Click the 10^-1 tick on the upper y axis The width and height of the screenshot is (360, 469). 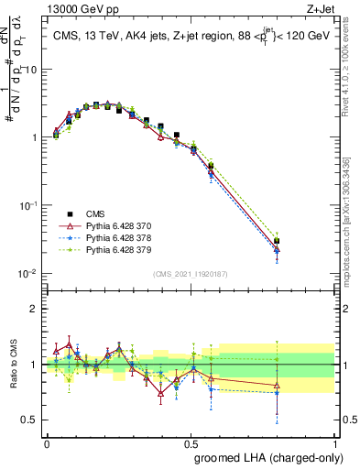pos(29,206)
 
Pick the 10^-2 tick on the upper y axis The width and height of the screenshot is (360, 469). pos(29,274)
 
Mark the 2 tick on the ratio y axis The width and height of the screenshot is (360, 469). pos(35,309)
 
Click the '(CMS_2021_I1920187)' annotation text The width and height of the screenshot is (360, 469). pos(190,274)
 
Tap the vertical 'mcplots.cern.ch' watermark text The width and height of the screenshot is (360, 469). pos(351,229)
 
